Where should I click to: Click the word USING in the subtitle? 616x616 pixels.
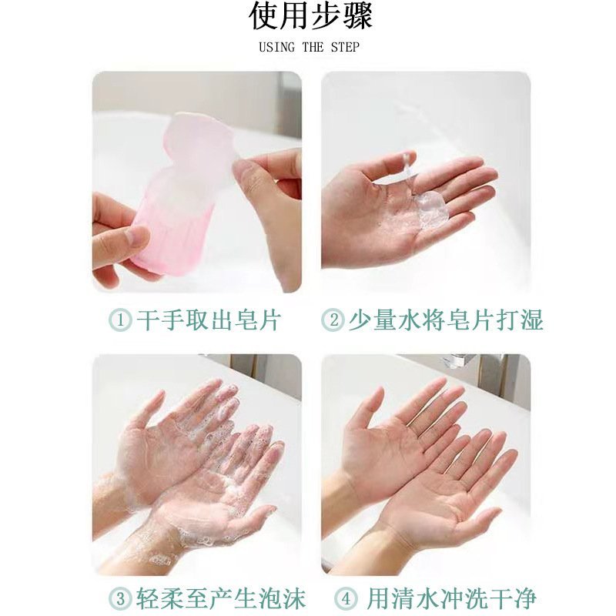click(276, 47)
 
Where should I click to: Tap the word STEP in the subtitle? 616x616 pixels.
click(344, 47)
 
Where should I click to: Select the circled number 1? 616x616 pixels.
click(120, 320)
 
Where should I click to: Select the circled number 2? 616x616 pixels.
click(333, 320)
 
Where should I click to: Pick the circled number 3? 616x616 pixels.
click(120, 599)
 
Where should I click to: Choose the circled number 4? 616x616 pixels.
click(346, 599)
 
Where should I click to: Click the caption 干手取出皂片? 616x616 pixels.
click(209, 320)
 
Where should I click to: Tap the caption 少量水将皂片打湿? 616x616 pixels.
click(446, 320)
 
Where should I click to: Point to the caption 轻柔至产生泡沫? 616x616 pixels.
click(221, 599)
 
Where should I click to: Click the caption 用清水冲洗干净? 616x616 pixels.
click(451, 599)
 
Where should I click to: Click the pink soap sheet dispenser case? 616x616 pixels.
click(172, 220)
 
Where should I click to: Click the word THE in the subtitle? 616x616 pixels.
click(313, 47)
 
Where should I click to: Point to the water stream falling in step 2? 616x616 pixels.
click(407, 165)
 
